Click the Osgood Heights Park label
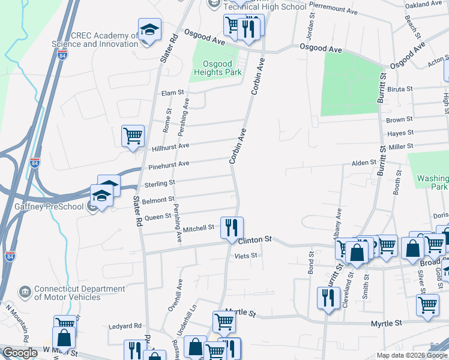tap(217, 68)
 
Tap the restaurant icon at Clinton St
tap(232, 228)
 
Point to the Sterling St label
tap(159, 182)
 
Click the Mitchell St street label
tap(199, 228)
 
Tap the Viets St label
tap(246, 256)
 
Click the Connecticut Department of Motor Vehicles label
tap(67, 292)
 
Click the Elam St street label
tap(172, 93)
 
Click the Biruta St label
tap(400, 89)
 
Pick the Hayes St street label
tap(401, 133)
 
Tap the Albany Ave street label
tap(339, 223)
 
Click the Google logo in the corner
tap(20, 353)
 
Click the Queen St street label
tap(158, 217)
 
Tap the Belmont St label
tap(158, 199)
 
